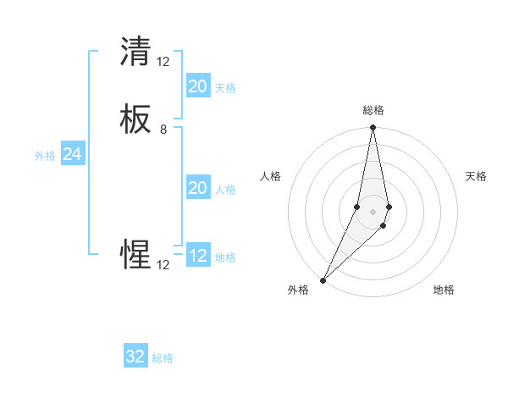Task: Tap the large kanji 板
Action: pos(136,120)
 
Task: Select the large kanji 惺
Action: pos(136,255)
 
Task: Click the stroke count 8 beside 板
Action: pos(163,130)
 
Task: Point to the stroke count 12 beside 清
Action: pos(163,61)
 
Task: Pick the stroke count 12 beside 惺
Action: pos(163,265)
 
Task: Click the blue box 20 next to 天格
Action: pos(197,86)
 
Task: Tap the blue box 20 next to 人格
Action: pos(197,188)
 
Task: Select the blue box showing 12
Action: pos(197,256)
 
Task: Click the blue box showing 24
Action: pos(72,154)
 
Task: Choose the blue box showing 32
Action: pos(135,357)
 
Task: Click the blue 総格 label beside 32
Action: pos(163,358)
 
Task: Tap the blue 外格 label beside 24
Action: pos(45,156)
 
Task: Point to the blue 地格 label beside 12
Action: pos(225,257)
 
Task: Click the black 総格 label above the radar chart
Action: pos(373,110)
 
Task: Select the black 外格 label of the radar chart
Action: pos(298,290)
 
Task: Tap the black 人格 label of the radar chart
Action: pos(271,176)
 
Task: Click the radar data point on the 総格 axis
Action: pos(373,128)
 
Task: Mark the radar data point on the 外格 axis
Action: pos(323,279)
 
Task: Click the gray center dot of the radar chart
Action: pos(373,211)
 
